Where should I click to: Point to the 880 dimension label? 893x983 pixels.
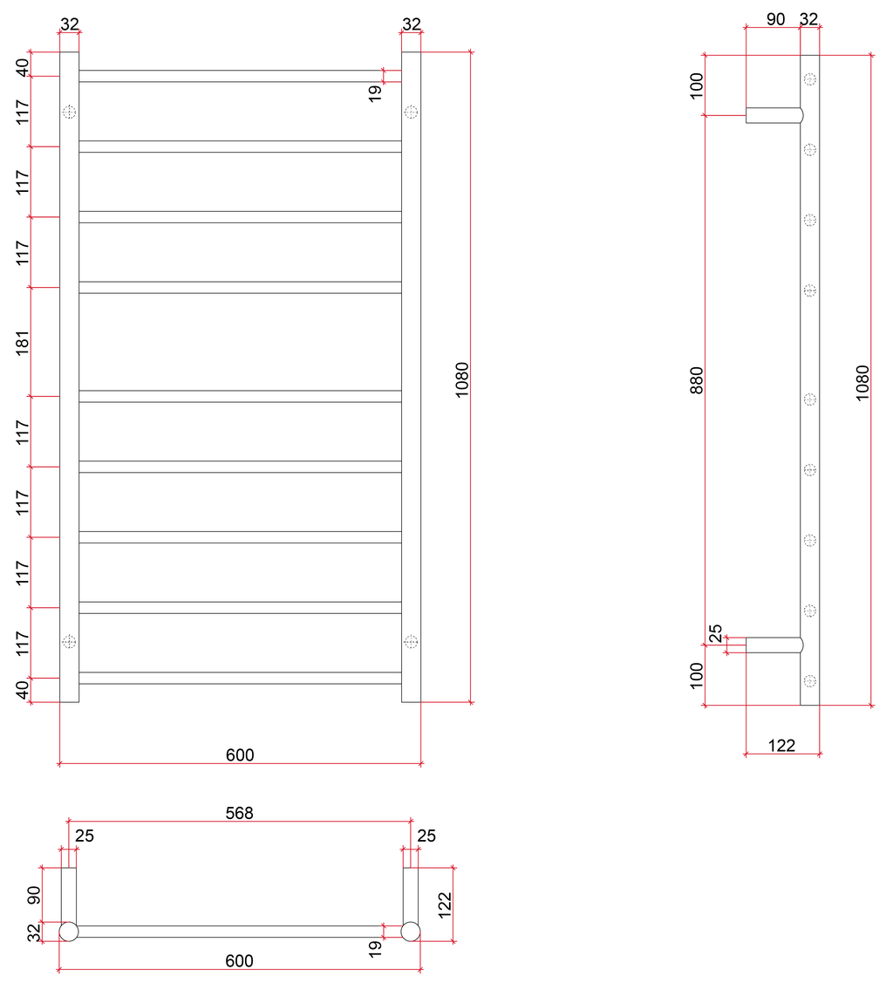[x=696, y=380]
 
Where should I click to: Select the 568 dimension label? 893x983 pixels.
[x=240, y=813]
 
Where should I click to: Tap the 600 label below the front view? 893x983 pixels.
[x=240, y=754]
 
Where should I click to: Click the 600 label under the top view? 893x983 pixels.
[x=240, y=961]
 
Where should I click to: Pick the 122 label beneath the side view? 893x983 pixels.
[x=781, y=746]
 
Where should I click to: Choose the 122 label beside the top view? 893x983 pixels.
[x=444, y=905]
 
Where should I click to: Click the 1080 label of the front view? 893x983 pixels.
[x=462, y=380]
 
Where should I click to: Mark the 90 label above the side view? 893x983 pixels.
[x=776, y=19]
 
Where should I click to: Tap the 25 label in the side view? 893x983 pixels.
[x=715, y=633]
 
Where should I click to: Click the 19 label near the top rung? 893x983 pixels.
[x=375, y=93]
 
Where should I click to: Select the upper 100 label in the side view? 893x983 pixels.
[x=696, y=85]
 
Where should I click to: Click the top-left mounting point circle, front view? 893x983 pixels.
[x=69, y=113]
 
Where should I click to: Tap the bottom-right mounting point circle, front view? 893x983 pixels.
[x=411, y=641]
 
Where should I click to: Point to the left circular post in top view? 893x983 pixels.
[x=69, y=932]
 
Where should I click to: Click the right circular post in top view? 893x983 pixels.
[x=411, y=932]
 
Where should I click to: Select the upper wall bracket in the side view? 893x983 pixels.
[x=774, y=115]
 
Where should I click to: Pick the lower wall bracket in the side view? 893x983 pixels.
[x=774, y=645]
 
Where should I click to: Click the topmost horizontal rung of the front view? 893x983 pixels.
[x=240, y=76]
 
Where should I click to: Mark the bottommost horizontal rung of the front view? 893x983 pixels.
[x=240, y=678]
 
